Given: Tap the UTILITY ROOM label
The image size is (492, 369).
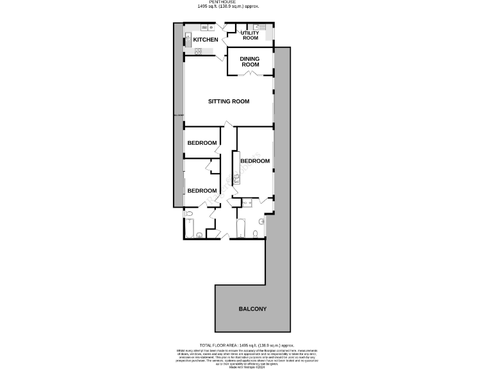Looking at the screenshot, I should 250,35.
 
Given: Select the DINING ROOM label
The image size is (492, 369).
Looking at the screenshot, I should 250,61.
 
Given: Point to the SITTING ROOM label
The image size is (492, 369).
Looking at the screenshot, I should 229,101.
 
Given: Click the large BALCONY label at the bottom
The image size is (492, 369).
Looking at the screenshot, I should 252,309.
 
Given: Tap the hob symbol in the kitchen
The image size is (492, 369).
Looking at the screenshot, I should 198,51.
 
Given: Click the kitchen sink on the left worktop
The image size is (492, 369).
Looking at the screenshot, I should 188,37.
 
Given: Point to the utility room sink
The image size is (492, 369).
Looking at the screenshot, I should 257,27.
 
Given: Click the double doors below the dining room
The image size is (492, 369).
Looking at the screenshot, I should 249,76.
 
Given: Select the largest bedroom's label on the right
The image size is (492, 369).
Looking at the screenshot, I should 254,161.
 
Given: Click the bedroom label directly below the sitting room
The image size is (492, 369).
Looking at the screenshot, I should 202,142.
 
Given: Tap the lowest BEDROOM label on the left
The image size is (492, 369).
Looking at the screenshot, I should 202,191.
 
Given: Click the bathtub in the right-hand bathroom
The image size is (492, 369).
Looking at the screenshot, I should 240,229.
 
